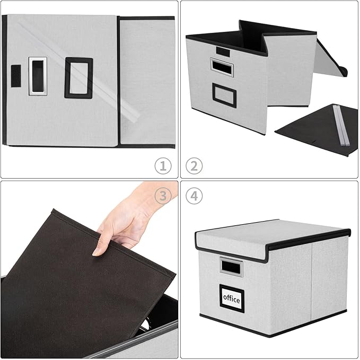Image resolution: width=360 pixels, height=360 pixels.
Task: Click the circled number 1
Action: [163, 165]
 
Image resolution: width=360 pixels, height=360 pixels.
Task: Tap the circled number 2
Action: [195, 165]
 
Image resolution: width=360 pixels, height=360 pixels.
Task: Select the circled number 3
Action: [163, 196]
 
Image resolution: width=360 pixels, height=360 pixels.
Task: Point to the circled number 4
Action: [195, 196]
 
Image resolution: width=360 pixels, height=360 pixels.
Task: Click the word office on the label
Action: [232, 299]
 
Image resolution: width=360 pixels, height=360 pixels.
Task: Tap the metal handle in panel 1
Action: [38, 76]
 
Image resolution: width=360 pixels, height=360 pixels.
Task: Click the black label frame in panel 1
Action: [78, 78]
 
